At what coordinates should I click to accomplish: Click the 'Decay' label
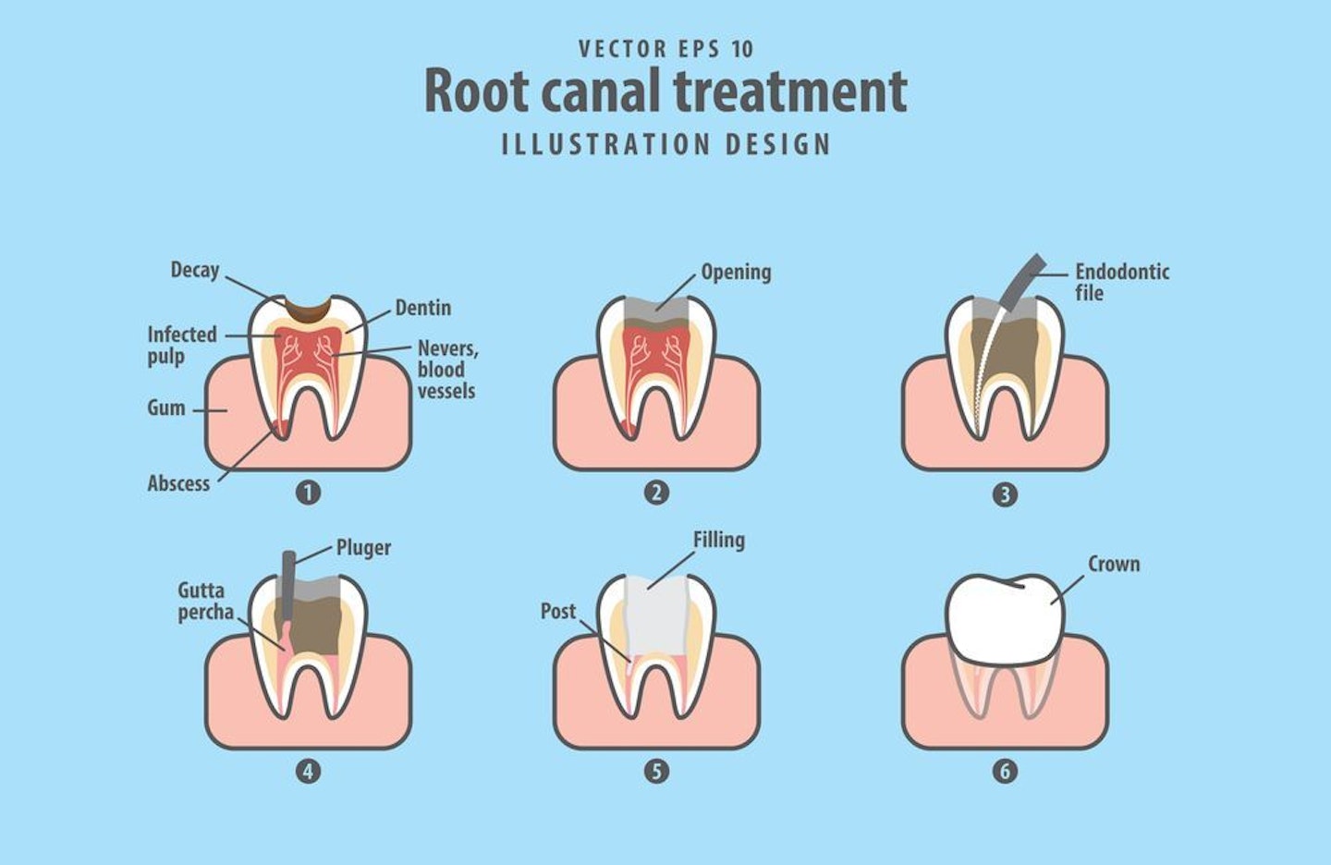[x=194, y=270]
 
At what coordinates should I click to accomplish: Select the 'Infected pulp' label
[x=181, y=345]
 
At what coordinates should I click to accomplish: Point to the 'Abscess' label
[x=178, y=483]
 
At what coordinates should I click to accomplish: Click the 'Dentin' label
[x=422, y=308]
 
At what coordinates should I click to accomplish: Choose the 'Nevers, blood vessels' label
[x=446, y=370]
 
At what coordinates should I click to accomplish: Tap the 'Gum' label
[x=166, y=408]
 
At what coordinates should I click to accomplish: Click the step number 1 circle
[x=308, y=493]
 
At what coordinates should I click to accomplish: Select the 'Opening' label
[x=736, y=272]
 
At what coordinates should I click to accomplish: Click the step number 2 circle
[x=656, y=493]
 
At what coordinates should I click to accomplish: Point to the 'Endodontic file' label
[x=1121, y=282]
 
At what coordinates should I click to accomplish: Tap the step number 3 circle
[x=1005, y=494]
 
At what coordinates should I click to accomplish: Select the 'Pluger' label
[x=363, y=547]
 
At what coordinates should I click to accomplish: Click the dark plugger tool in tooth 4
[x=288, y=582]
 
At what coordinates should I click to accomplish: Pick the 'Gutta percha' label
[x=204, y=601]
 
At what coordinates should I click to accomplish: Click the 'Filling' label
[x=718, y=540]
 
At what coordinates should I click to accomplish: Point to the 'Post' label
[x=557, y=611]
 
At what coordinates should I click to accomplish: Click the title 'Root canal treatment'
[x=665, y=91]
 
